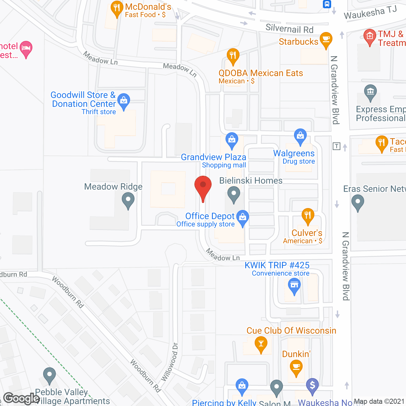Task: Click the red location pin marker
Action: coord(203,186)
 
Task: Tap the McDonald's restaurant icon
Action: coord(117,9)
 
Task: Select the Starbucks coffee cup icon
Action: coord(326,40)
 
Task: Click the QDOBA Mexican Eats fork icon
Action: coord(233,56)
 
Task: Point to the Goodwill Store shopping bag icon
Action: coord(124,101)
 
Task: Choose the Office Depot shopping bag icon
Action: coord(243,217)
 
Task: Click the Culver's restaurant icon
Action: coord(308,216)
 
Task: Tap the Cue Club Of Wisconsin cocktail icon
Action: coord(261,344)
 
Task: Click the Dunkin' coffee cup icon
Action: coord(296,367)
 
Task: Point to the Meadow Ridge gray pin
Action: coord(128,200)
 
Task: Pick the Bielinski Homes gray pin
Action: coord(234,193)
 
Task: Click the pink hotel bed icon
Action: coord(26,49)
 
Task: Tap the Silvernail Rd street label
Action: coord(289,29)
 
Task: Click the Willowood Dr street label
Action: coord(170,362)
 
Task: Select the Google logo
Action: coord(22,398)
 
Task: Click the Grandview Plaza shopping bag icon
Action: coord(232,140)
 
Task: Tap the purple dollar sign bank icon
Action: coord(312,386)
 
